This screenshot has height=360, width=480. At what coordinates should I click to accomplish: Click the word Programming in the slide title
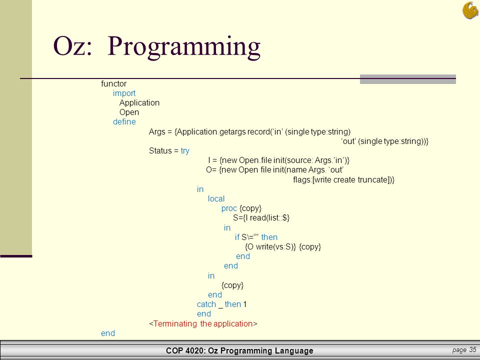pyautogui.click(x=183, y=46)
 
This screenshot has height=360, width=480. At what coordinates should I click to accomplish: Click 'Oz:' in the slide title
pyautogui.click(x=74, y=46)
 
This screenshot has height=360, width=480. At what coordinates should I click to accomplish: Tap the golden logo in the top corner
pyautogui.click(x=470, y=9)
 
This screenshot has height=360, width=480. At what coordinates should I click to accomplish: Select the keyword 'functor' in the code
pyautogui.click(x=113, y=83)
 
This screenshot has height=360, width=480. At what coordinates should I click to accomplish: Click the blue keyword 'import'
pyautogui.click(x=124, y=93)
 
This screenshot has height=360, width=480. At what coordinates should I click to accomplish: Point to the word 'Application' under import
pyautogui.click(x=139, y=102)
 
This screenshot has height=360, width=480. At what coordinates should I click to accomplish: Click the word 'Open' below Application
pyautogui.click(x=129, y=112)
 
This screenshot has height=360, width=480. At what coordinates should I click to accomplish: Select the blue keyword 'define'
pyautogui.click(x=124, y=122)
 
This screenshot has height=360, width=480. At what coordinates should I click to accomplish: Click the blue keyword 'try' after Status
pyautogui.click(x=185, y=150)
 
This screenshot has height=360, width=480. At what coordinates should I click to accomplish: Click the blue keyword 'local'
pyautogui.click(x=216, y=198)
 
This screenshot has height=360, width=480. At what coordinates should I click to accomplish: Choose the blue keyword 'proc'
pyautogui.click(x=229, y=208)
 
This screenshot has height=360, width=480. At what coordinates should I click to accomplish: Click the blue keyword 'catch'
pyautogui.click(x=206, y=304)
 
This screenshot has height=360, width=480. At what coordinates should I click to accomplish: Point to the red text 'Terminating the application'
pyautogui.click(x=203, y=323)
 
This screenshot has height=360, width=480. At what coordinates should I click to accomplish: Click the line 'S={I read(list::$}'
pyautogui.click(x=261, y=218)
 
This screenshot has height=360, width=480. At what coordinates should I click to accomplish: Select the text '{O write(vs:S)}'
pyautogui.click(x=270, y=246)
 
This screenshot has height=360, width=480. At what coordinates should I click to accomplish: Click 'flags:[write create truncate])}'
pyautogui.click(x=343, y=179)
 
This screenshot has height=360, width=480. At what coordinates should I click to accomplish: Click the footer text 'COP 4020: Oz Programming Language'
pyautogui.click(x=239, y=351)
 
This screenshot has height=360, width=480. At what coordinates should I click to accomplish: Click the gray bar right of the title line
pyautogui.click(x=407, y=79)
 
